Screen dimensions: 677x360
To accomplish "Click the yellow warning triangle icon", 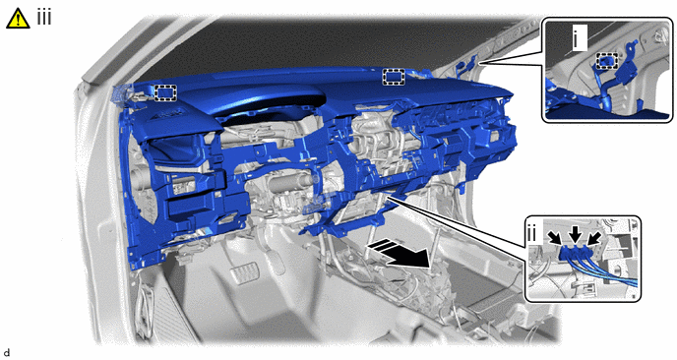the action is click(18, 20).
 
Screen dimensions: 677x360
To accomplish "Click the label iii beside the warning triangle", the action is click(44, 18).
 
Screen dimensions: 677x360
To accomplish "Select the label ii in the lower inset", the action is click(531, 233).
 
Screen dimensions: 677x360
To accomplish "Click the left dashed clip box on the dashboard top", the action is click(165, 92).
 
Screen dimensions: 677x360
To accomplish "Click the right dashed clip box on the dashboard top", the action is click(394, 77).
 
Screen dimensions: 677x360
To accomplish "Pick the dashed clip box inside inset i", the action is click(607, 61).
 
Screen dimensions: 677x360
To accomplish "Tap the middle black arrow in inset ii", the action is click(575, 236).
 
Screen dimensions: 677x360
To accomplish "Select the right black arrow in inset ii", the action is click(593, 239).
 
